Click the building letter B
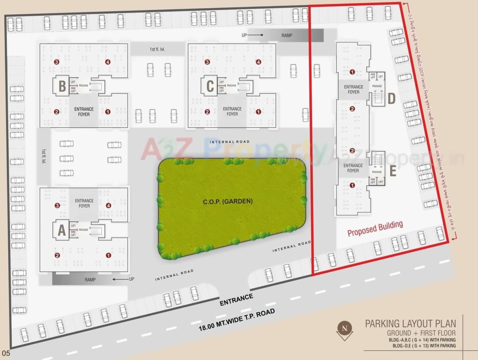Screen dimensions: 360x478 (62, 86)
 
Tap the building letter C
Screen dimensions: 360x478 (210, 86)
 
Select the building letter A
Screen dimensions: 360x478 (62, 230)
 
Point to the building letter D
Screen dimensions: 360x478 (391, 99)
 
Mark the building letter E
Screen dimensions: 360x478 (393, 171)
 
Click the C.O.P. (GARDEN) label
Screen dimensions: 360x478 (228, 202)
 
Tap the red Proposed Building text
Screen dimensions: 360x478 (375, 229)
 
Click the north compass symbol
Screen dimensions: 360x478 (344, 328)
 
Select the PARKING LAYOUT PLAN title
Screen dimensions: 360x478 (410, 324)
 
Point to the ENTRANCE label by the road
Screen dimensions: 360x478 (236, 300)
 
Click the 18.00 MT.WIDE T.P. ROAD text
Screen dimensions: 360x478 (237, 320)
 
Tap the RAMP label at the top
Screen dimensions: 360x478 (286, 35)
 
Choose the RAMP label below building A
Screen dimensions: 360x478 (90, 280)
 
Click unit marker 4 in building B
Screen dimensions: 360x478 (108, 62)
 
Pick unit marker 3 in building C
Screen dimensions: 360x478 (207, 62)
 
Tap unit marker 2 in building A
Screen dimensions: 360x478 (57, 255)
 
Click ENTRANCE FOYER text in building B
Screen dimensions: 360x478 (84, 112)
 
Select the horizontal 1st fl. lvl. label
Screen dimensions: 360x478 (157, 49)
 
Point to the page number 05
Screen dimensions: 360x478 (6, 353)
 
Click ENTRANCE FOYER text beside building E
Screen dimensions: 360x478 (353, 168)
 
